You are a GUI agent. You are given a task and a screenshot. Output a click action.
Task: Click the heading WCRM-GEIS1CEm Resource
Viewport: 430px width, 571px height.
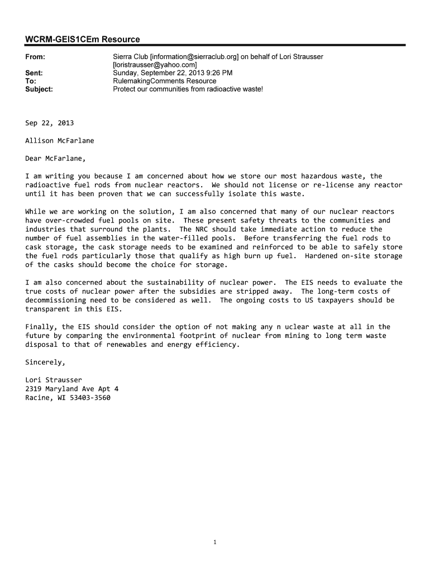click(83, 39)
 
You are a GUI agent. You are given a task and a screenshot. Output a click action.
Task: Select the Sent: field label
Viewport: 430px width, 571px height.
click(34, 73)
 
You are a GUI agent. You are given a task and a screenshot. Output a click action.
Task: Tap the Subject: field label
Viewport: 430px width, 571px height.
click(39, 89)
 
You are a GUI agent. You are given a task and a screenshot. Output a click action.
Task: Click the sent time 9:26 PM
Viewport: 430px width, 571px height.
click(219, 73)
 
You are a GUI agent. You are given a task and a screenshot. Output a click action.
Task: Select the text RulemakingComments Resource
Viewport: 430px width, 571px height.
click(164, 81)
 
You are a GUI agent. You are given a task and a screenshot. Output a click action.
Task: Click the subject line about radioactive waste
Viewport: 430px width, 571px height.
click(188, 89)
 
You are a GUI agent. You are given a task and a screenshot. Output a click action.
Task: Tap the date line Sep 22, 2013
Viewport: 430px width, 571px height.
click(49, 123)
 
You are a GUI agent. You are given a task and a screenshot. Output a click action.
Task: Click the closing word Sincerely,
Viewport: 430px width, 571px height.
click(45, 362)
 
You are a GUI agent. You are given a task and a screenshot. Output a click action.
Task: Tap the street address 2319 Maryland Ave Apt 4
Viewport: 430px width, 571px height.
click(71, 389)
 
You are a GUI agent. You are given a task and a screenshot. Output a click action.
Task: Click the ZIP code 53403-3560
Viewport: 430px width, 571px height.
click(90, 398)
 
